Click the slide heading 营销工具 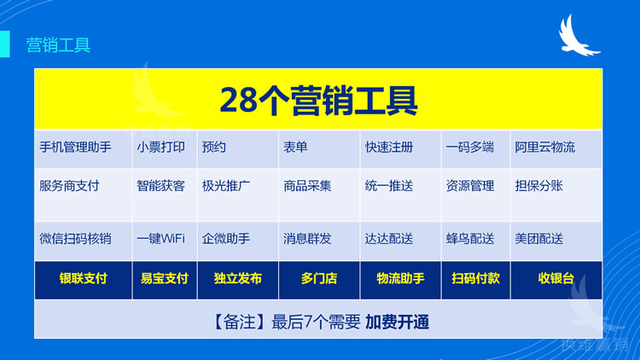[x=58, y=45]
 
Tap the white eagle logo [x=579, y=37]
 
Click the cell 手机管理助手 [x=75, y=147]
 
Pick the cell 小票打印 [x=160, y=147]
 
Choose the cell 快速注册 [x=388, y=147]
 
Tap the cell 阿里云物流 [x=544, y=147]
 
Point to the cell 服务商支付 [x=69, y=185]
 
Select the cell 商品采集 [x=307, y=185]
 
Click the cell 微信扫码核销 [x=75, y=239]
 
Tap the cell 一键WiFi [x=160, y=239]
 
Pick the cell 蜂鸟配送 [x=469, y=239]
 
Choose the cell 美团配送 [x=538, y=239]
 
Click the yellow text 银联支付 [x=83, y=278]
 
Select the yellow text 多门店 [x=318, y=278]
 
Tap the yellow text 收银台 [x=556, y=278]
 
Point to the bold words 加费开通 [x=397, y=322]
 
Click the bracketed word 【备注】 [x=237, y=322]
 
